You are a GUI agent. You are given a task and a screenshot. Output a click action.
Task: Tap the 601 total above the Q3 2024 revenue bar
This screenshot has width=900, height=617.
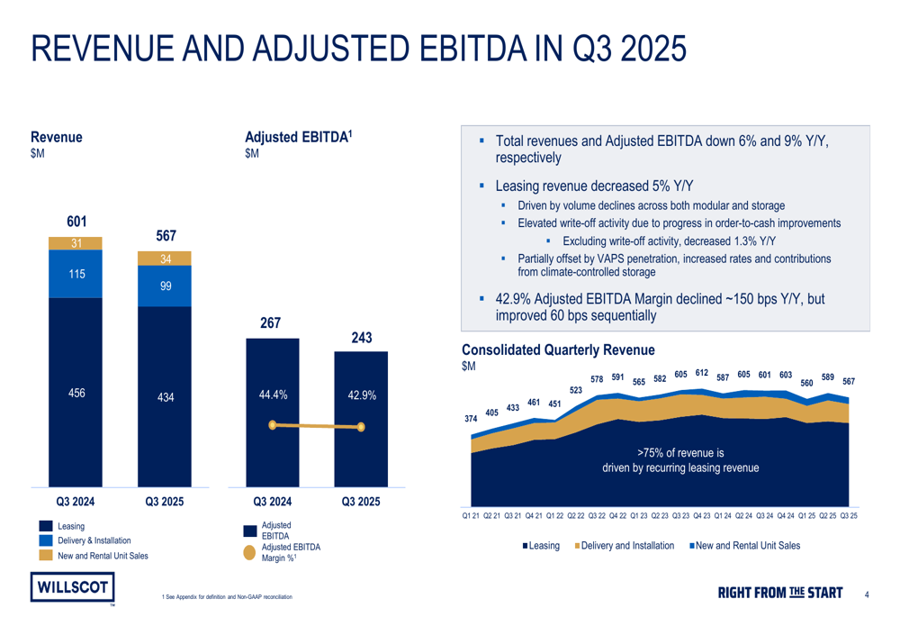(x=76, y=222)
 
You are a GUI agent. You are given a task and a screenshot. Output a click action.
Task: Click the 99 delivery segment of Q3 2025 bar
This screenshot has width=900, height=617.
(x=165, y=286)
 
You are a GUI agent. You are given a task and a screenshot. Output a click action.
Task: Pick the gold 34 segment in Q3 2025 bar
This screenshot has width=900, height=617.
(x=165, y=259)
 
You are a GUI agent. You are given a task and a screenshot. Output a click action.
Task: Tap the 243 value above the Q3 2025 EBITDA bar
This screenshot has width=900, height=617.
(x=361, y=338)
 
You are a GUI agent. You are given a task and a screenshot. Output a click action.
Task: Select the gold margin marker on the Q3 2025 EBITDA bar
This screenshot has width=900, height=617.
(x=361, y=427)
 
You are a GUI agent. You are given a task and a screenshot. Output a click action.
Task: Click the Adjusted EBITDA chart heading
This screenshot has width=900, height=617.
(x=298, y=137)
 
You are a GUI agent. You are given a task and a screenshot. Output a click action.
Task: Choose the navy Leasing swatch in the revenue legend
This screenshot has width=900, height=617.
(x=44, y=525)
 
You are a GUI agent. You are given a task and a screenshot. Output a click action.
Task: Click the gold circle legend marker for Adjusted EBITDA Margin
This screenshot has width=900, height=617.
(x=251, y=551)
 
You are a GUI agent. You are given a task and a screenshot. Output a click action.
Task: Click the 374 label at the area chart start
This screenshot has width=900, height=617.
(x=471, y=418)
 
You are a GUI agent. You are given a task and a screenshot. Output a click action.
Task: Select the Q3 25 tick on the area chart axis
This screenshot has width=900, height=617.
(x=848, y=516)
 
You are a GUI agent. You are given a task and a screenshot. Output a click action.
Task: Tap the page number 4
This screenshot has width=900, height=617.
(x=866, y=594)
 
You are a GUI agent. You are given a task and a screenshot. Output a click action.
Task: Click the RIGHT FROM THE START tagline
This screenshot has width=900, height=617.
(x=779, y=593)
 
